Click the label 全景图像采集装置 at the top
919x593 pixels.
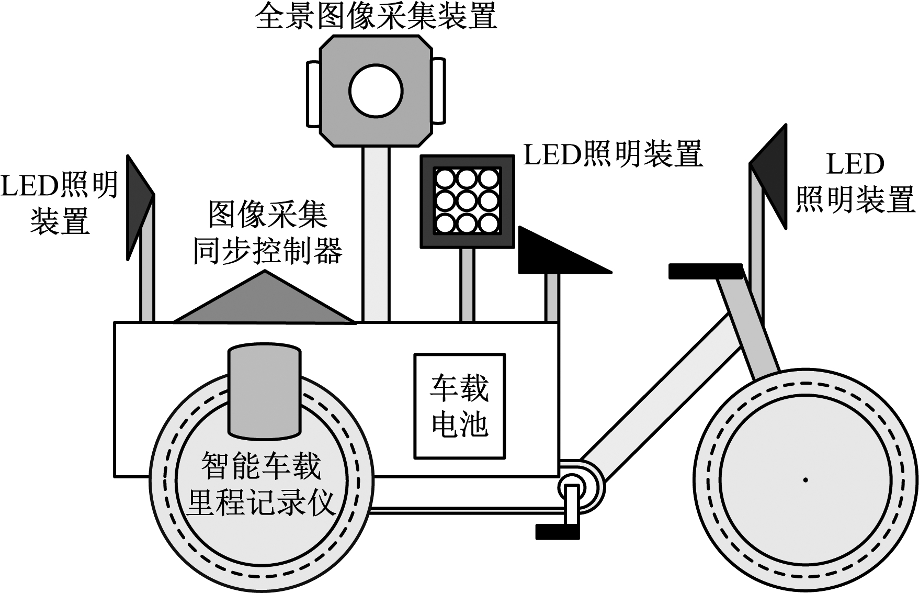pos(376,17)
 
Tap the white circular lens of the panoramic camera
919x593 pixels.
pos(376,91)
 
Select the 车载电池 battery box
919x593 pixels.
pos(459,406)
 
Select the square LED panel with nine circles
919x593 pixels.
pos(468,202)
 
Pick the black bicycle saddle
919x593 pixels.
pos(705,271)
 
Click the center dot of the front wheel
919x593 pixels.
pos(805,479)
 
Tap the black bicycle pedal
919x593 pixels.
pos(557,532)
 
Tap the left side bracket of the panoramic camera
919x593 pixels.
pos(313,93)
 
